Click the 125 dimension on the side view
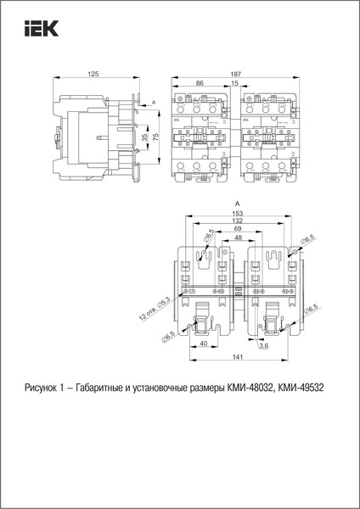coord(93,76)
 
